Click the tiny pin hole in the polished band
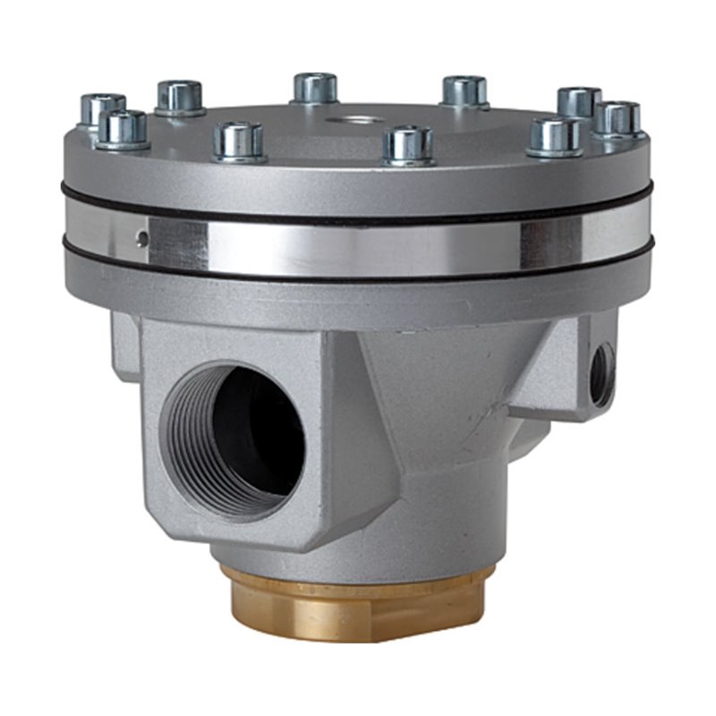pos(141,237)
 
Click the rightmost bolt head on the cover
pos(618,118)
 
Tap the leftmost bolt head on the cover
pos(102,109)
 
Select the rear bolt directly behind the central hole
pos(315,88)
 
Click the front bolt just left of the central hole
pos(241,141)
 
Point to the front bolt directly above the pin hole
pos(123,128)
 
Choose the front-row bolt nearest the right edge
pos(555,136)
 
